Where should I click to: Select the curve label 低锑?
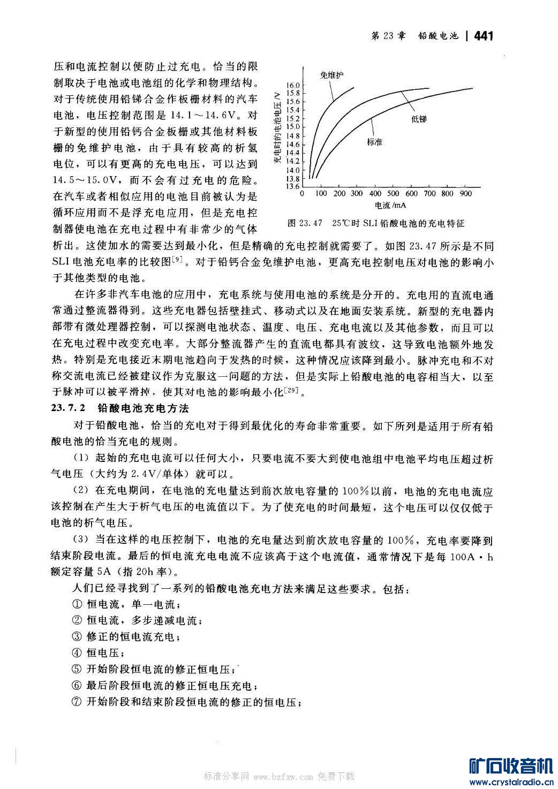coord(419,119)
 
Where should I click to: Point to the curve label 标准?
coord(374,142)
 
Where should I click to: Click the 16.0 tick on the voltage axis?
coord(293,85)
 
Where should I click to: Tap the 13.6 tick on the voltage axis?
coord(293,186)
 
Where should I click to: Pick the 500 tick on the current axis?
coord(393,194)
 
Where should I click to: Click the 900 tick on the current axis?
coord(465,194)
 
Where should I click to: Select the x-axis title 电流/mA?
coord(389,206)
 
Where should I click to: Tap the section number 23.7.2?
coord(69,408)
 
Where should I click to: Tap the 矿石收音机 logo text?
coord(510,767)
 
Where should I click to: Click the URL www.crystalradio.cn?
coord(511,782)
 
